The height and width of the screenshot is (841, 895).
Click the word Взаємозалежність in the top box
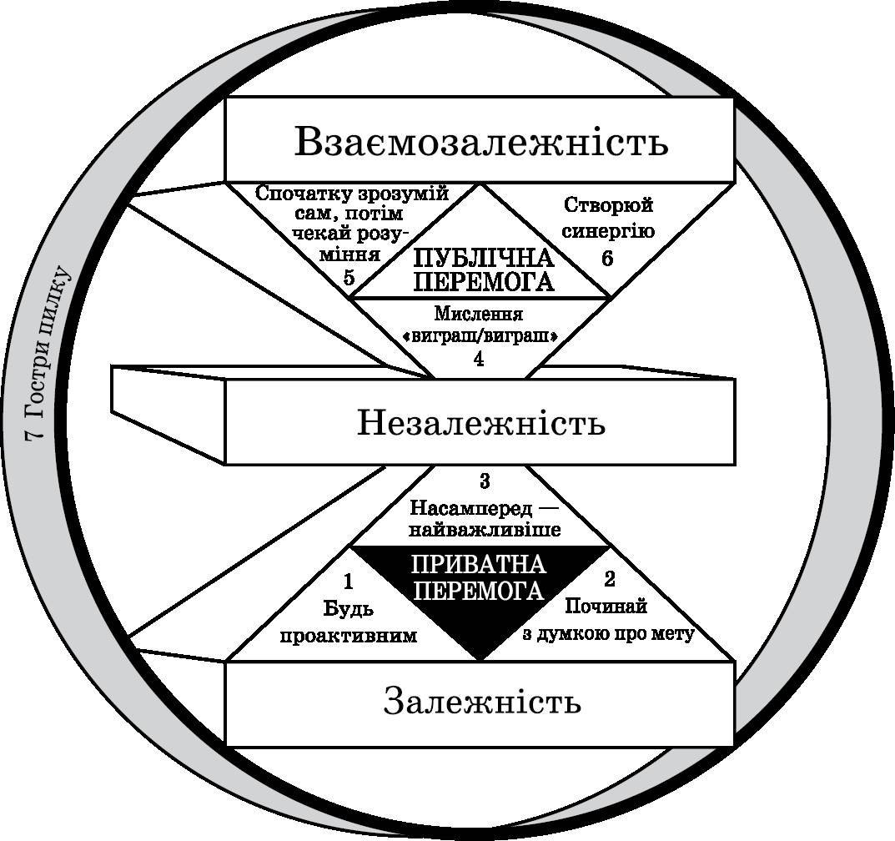(481, 142)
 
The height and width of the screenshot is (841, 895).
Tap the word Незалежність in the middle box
(481, 423)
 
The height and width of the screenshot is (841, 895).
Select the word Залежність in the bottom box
(481, 702)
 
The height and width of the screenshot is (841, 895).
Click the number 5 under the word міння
(349, 278)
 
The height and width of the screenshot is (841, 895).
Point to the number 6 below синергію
(606, 259)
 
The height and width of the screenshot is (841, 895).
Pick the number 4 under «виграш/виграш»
(478, 359)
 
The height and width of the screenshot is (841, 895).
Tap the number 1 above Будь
(349, 579)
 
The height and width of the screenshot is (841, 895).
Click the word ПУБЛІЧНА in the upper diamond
(483, 257)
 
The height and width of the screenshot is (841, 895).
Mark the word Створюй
(607, 204)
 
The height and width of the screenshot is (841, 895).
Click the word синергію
(607, 231)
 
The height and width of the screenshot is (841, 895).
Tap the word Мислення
(478, 315)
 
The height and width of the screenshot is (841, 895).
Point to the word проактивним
(348, 637)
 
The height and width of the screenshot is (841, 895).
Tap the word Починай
(607, 607)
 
